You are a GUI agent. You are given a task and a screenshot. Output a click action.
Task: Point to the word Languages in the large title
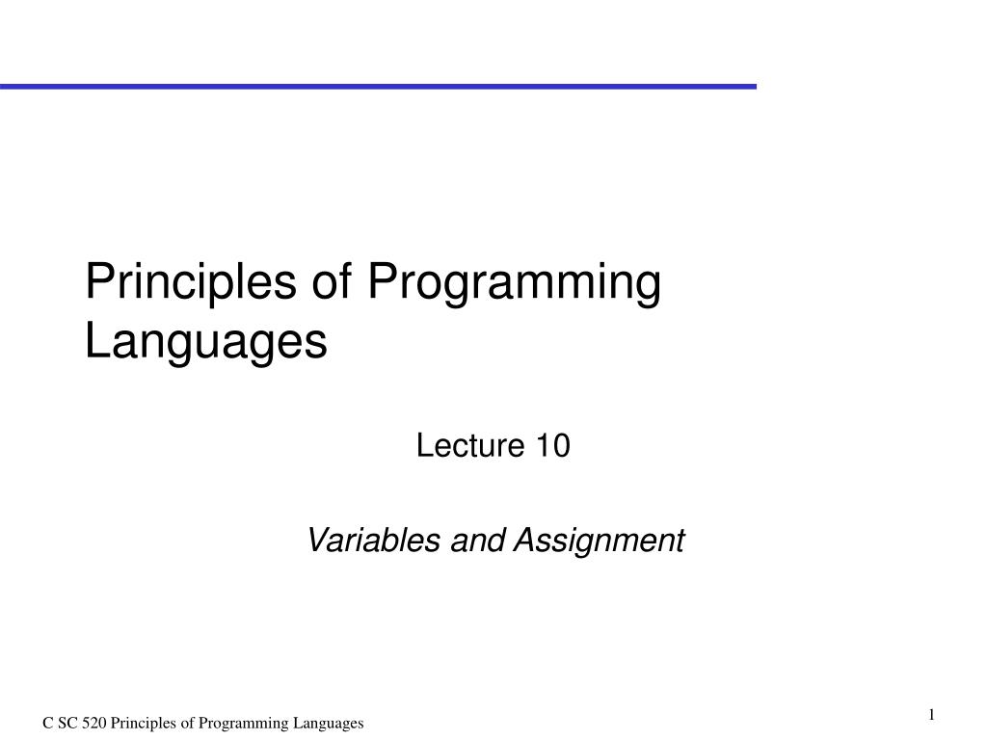click(206, 343)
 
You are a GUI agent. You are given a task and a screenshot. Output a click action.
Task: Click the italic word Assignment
click(598, 542)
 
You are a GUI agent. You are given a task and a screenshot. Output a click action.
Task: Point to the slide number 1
click(932, 714)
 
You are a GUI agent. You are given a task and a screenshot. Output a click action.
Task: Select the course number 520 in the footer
click(94, 724)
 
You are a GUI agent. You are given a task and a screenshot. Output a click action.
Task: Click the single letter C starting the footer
click(47, 724)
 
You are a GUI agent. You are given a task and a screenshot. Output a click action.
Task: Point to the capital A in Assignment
click(521, 542)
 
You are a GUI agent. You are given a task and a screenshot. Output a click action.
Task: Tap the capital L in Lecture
click(422, 447)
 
